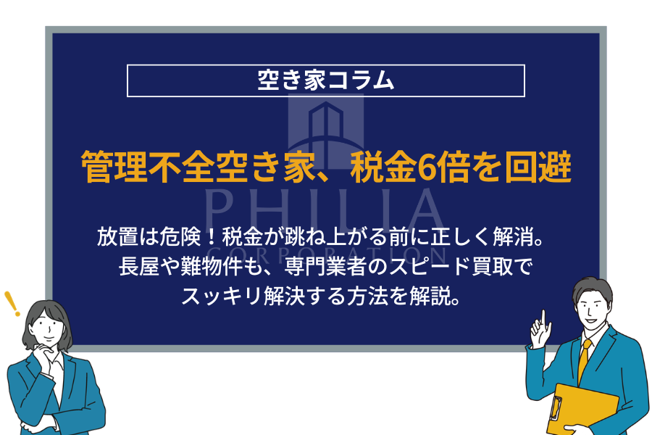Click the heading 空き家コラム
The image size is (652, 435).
tap(326, 80)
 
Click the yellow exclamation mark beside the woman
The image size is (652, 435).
tap(11, 304)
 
